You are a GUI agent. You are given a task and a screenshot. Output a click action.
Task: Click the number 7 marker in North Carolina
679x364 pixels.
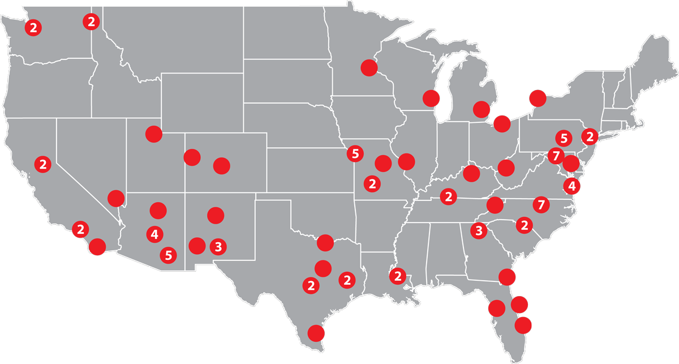click(x=541, y=204)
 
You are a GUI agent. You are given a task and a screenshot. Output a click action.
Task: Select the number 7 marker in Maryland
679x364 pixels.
click(x=556, y=155)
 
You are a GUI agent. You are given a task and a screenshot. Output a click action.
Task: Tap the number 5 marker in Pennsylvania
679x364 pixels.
click(x=563, y=138)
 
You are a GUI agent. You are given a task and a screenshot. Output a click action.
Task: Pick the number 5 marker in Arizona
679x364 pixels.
click(x=168, y=255)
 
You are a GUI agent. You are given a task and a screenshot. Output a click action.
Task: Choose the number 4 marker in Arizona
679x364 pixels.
click(x=154, y=233)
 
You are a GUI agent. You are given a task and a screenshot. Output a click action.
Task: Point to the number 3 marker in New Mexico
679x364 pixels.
click(x=218, y=246)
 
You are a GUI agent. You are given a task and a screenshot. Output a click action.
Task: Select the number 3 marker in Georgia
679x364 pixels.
click(x=479, y=230)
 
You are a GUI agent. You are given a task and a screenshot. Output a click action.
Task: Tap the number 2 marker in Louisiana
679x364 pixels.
click(x=398, y=276)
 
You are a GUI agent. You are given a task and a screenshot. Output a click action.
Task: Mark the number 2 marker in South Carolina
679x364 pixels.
click(x=525, y=225)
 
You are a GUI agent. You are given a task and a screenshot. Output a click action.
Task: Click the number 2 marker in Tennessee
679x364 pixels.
click(x=449, y=196)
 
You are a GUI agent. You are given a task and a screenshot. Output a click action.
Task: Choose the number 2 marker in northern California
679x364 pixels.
click(x=42, y=164)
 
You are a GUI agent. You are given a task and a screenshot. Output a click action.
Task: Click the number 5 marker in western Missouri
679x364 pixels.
click(x=355, y=153)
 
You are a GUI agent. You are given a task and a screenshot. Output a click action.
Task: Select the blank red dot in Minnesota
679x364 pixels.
click(x=369, y=67)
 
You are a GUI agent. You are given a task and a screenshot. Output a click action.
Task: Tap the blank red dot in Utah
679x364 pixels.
click(x=153, y=134)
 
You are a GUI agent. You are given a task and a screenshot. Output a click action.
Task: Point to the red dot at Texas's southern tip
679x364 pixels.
click(x=315, y=333)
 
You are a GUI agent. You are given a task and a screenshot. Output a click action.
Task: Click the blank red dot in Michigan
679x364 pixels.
click(x=482, y=108)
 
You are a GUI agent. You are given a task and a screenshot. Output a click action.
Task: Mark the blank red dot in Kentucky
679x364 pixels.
click(x=471, y=173)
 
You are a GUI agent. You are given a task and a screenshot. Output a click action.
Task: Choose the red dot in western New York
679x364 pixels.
click(x=536, y=98)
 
